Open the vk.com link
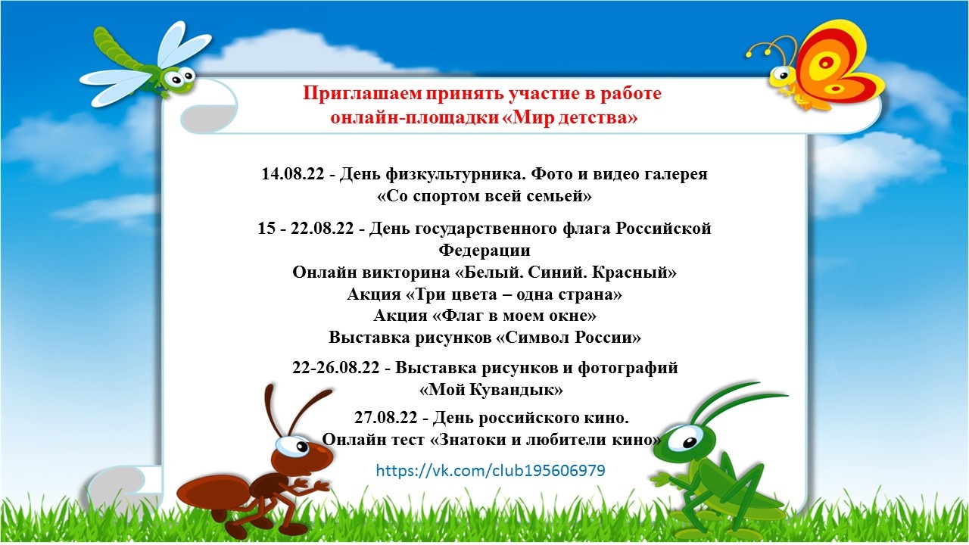pos(490,470)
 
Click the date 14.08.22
pos(292,174)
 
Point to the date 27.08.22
pos(386,417)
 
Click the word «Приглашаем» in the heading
pos(362,94)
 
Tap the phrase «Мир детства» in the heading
pos(571,117)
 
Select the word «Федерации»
pos(484,250)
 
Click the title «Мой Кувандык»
pos(491,390)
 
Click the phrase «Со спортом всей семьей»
pos(484,196)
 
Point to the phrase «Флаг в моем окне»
pos(484,316)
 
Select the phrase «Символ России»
pos(568,338)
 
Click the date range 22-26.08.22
pos(335,368)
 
